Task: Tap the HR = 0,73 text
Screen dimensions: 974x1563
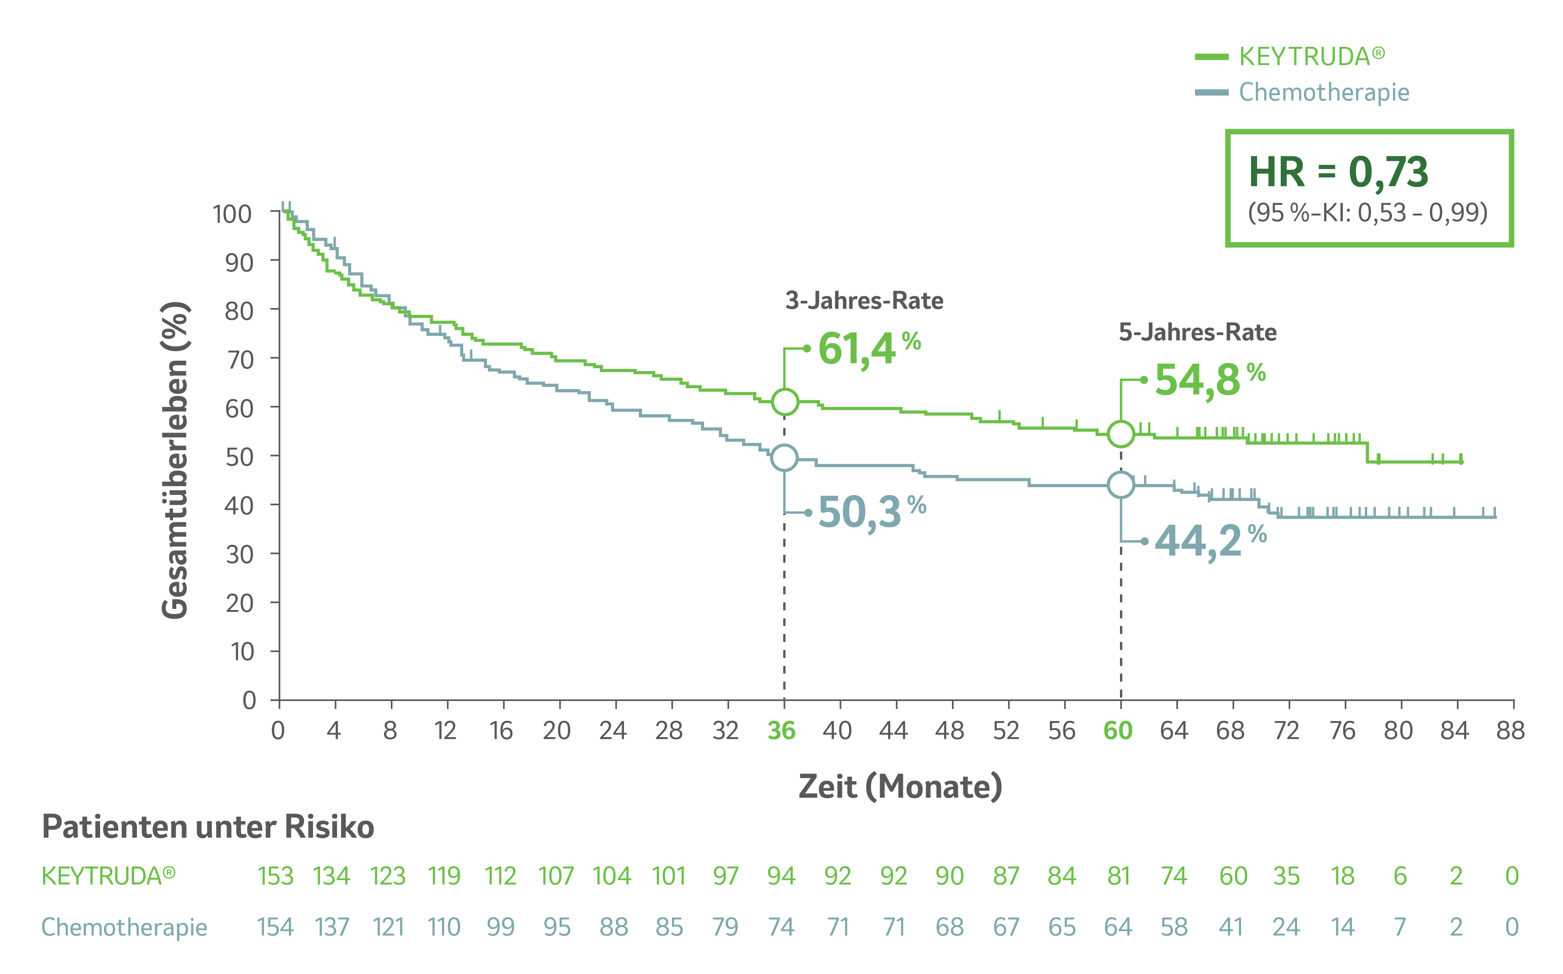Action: pos(1338,172)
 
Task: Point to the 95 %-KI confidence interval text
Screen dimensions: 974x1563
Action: pos(1367,212)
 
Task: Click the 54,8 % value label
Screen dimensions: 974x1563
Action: pos(1209,379)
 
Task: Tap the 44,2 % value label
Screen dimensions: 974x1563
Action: pos(1209,540)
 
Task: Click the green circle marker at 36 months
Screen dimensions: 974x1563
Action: pos(785,402)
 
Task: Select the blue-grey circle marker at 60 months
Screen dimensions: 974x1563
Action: pos(1121,484)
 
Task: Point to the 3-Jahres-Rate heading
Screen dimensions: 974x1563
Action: pos(864,301)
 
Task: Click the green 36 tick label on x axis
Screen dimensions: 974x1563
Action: pos(782,730)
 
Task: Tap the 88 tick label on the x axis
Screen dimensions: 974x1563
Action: pos(1510,730)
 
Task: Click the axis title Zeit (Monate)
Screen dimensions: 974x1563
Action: pos(900,787)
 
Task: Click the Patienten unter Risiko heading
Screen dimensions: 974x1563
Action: pos(208,827)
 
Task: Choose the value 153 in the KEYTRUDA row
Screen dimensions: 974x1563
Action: pos(276,876)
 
